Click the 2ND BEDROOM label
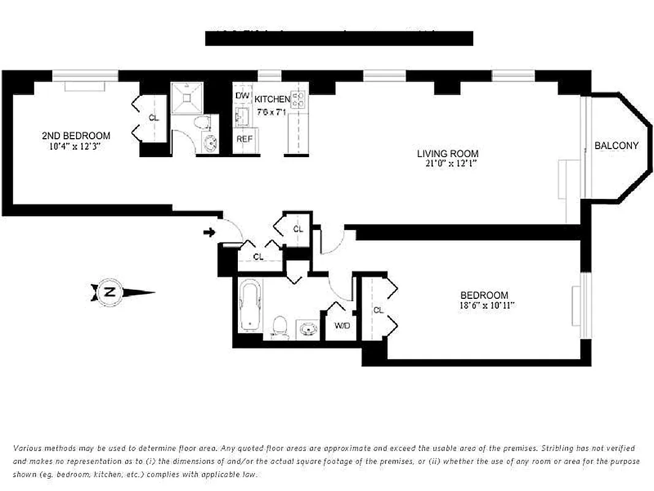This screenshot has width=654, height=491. [x=76, y=136]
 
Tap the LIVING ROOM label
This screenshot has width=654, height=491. [x=447, y=153]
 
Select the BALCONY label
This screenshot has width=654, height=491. [x=616, y=145]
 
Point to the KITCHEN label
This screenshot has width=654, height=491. [x=272, y=99]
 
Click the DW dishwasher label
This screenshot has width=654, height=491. [x=242, y=96]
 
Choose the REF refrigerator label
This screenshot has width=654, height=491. [x=244, y=139]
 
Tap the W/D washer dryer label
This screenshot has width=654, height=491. [x=341, y=325]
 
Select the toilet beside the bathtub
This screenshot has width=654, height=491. [x=279, y=326]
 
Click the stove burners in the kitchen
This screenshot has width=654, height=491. [x=298, y=99]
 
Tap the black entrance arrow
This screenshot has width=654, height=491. [x=210, y=232]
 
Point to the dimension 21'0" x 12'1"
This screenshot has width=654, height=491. [x=447, y=164]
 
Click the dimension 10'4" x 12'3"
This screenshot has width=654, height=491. [x=76, y=146]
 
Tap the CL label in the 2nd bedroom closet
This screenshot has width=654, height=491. [x=153, y=118]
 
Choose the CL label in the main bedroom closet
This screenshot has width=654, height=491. [x=378, y=311]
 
